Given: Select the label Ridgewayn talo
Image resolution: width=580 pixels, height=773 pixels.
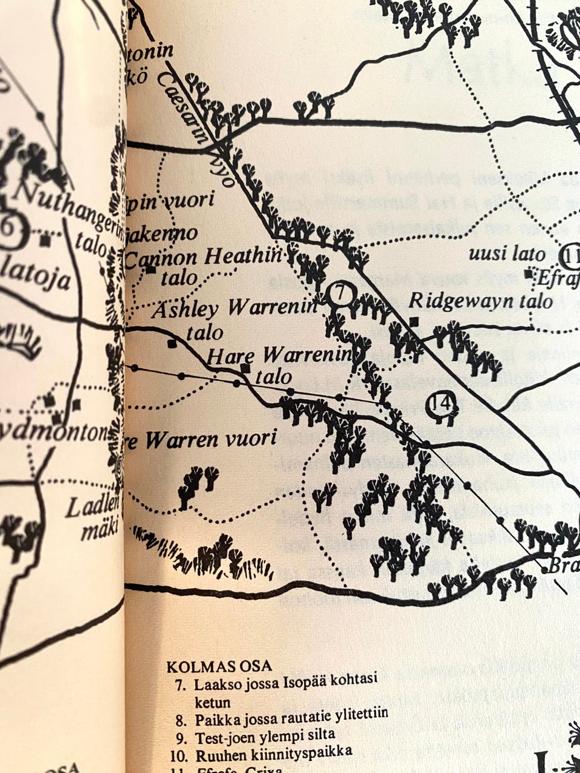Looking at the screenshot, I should [480, 300].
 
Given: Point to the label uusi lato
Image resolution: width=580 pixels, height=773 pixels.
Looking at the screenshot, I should [507, 254].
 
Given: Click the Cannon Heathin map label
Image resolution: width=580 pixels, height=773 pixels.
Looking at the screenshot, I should [204, 258].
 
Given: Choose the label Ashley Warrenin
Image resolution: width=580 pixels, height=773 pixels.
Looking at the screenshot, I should [234, 309].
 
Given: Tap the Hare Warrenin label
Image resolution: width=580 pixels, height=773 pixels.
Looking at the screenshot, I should [279, 356].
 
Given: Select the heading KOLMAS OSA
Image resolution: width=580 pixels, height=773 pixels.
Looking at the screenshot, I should [219, 667].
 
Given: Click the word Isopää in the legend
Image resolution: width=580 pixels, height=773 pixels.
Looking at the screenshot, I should [311, 685].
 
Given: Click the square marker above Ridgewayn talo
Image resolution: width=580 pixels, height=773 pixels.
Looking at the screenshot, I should [414, 319].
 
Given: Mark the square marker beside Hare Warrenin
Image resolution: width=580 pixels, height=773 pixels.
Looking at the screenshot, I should [246, 368].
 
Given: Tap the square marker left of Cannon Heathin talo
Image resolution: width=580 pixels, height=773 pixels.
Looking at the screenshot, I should [150, 271].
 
